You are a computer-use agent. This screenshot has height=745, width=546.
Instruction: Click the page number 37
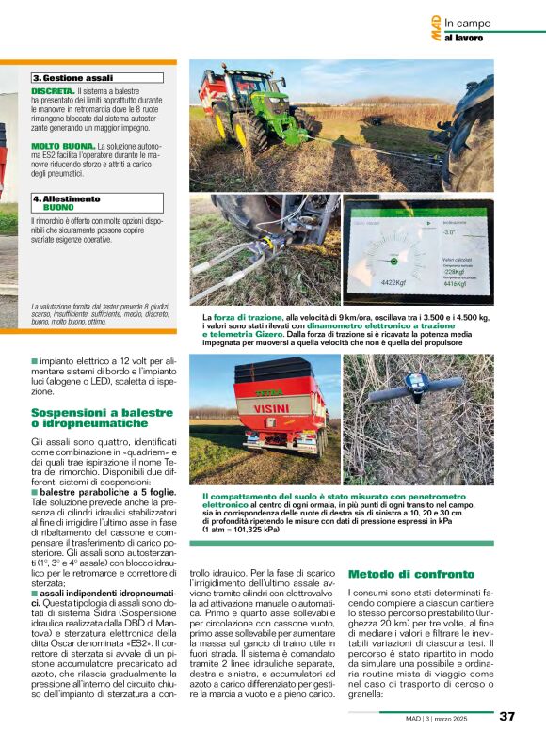tap(506, 716)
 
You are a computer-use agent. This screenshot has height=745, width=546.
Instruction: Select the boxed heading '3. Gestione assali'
tap(73, 78)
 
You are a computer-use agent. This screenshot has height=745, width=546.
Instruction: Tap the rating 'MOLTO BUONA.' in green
tap(63, 146)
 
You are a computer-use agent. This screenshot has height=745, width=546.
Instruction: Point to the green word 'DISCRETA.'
tap(53, 91)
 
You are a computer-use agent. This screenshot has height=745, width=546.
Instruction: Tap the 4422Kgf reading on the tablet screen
tap(393, 281)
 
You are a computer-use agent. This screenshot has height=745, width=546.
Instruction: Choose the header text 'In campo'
tap(468, 24)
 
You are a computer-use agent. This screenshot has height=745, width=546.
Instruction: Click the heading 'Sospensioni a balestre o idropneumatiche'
tap(102, 418)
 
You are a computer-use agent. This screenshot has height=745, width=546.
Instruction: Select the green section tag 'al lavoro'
tap(463, 39)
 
